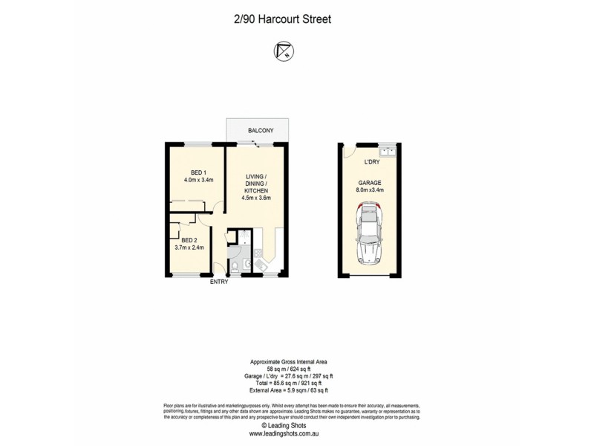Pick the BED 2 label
point(189,239)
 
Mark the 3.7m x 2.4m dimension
point(189,248)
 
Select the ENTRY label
point(220,282)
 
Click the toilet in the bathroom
point(235,266)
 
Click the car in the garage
point(368,235)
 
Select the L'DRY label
point(372,162)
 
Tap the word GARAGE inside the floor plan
point(371,181)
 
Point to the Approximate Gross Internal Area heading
point(284,361)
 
